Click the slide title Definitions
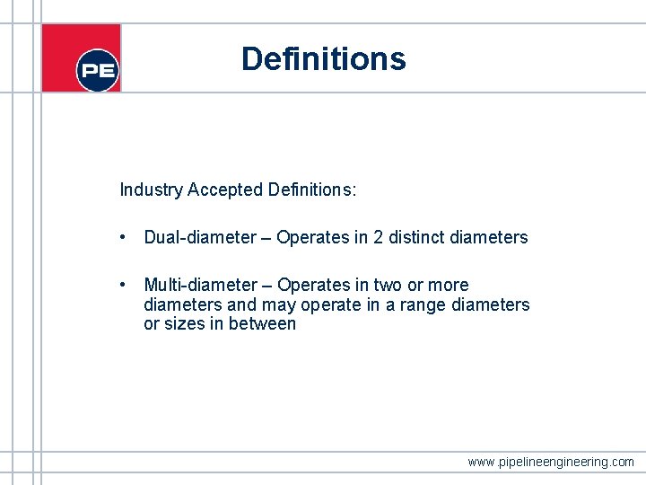click(323, 59)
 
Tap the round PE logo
click(98, 70)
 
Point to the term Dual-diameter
click(200, 238)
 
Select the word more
click(449, 286)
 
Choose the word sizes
click(184, 324)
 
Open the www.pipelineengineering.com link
click(551, 462)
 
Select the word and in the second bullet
click(241, 305)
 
